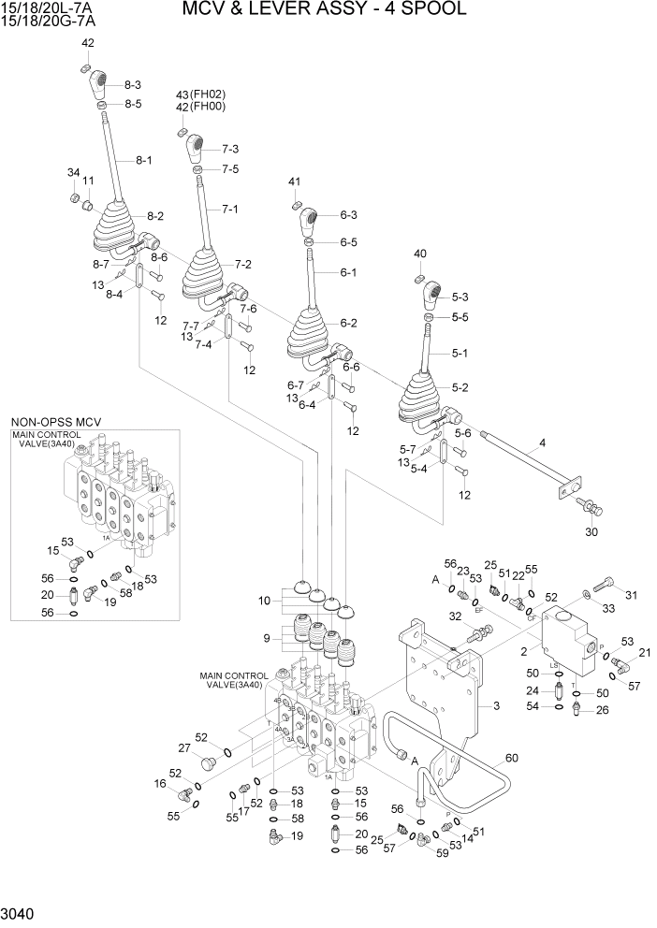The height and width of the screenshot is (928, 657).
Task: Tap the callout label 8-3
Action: point(133,85)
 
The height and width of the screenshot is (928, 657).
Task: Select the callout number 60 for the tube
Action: point(511,758)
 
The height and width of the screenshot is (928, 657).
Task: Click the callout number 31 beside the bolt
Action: point(630,594)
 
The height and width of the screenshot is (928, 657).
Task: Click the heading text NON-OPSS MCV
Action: point(55,423)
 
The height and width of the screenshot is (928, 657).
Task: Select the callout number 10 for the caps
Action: point(265,600)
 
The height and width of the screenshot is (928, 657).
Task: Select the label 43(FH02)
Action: point(201,94)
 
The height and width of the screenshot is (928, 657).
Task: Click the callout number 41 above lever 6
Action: point(294,181)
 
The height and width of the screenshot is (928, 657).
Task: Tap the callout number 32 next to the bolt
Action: point(456,616)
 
